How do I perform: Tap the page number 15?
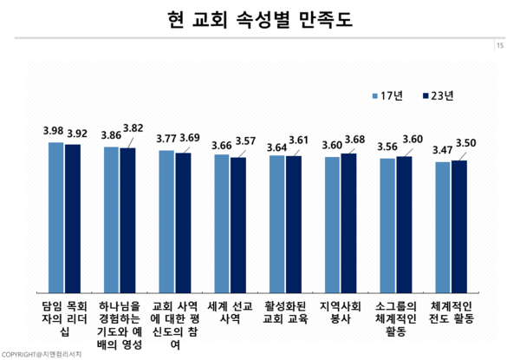point(500,46)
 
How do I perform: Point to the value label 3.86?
point(111,136)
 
